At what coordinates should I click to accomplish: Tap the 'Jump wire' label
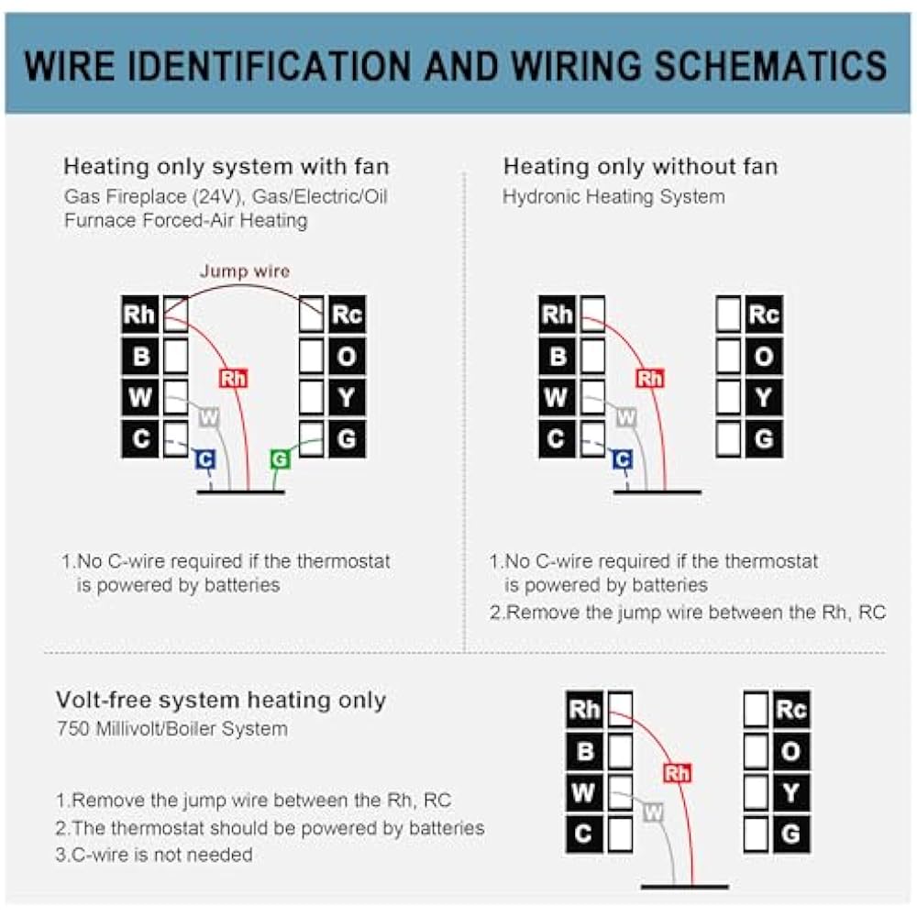click(245, 271)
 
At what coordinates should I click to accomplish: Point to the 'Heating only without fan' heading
click(640, 167)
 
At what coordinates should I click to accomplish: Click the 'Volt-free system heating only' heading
click(221, 700)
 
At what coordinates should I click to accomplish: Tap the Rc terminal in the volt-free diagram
click(790, 709)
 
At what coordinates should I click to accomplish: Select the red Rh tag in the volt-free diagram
click(677, 773)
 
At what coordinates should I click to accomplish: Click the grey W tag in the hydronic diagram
click(626, 418)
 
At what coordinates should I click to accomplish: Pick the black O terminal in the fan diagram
click(347, 356)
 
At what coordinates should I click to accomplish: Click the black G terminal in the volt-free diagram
click(790, 834)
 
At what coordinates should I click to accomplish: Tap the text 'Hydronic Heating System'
click(613, 197)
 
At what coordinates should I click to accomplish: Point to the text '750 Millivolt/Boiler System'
click(171, 730)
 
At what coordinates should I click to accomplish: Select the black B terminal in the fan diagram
click(140, 356)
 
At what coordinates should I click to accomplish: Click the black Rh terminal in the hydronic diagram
click(557, 315)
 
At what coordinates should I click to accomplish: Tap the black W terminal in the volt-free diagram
click(584, 792)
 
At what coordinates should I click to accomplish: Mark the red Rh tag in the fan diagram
click(233, 378)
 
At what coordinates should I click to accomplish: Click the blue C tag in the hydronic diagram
click(623, 459)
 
